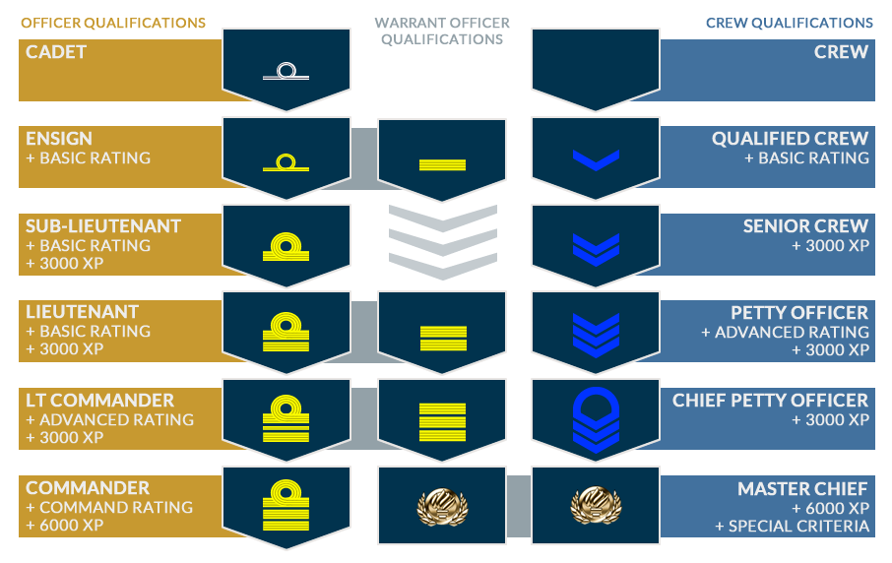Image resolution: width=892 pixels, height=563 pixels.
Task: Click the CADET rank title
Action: pos(56,51)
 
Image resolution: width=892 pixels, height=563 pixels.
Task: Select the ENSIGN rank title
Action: pos(59,139)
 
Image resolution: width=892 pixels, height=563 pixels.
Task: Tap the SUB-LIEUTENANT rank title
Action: pos(103,226)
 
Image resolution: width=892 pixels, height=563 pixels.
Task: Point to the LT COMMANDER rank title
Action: pos(100,401)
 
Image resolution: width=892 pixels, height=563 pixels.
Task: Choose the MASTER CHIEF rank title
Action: pos(803,488)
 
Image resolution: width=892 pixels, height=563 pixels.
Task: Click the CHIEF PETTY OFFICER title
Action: pos(771,401)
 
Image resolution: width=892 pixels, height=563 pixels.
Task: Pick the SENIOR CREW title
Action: pos(806,226)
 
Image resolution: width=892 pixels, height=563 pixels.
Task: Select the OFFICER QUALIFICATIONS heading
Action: pos(112,23)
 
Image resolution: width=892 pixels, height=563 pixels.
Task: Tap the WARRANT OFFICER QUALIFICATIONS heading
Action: pos(442,31)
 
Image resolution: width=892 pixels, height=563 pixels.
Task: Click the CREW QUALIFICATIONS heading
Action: pos(790,23)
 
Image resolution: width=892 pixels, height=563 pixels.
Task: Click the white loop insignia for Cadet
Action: pos(287,71)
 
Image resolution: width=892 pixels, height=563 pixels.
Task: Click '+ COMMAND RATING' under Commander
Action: pos(109,507)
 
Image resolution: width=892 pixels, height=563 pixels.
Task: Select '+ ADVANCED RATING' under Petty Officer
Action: pos(786,332)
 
